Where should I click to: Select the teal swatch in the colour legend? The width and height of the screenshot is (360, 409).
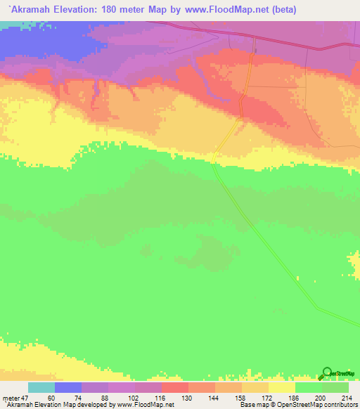41,387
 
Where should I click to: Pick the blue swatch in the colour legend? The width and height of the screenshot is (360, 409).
68,387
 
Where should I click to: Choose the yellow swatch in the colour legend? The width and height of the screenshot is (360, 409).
281,387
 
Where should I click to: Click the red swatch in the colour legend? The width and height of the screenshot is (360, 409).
175,387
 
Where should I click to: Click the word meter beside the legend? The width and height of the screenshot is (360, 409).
10,398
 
